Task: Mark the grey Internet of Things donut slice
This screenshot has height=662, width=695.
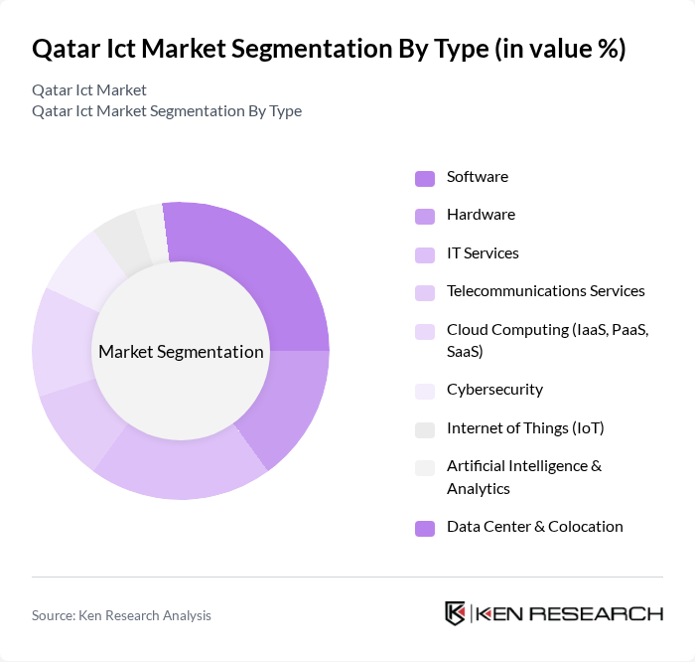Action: pos(121,239)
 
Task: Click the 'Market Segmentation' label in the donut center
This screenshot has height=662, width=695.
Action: pos(181,352)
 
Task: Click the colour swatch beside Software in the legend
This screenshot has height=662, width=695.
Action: pos(424,178)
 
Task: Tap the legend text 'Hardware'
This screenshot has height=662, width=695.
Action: pos(481,215)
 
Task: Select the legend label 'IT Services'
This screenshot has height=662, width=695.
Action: pos(483,252)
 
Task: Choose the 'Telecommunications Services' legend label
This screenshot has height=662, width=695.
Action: pos(545,291)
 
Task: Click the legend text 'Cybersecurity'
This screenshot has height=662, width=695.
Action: pos(494,390)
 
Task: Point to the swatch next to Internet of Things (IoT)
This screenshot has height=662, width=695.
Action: pos(424,429)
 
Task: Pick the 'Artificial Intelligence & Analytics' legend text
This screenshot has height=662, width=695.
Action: pos(523,477)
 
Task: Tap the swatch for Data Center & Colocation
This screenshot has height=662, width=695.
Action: pos(424,528)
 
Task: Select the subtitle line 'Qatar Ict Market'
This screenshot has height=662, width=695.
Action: pos(89,90)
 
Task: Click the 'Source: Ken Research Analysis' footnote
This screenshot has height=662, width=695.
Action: pos(121,615)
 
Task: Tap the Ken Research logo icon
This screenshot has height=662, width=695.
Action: pos(455,613)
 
